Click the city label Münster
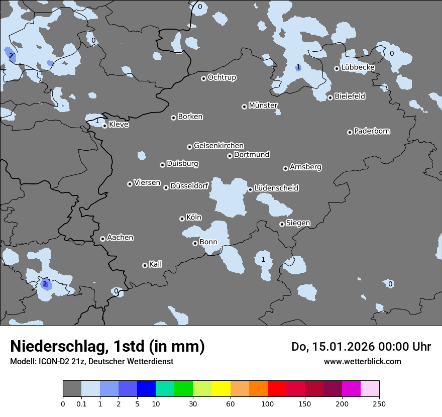coord(263,106)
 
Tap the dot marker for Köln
coord(182,219)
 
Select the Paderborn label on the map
coord(372,131)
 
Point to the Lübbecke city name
coord(358,67)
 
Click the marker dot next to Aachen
coord(102,239)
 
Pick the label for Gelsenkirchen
coord(218,146)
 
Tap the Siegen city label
coord(298,223)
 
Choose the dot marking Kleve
coord(104,126)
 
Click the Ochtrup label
coord(222,77)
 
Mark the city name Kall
coord(156,264)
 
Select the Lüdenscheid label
coord(276,188)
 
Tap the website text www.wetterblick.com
coord(362,361)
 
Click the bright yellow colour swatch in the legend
coord(221,389)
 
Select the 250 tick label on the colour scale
coord(379,403)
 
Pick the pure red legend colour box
coord(277,389)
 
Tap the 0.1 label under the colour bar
coord(81,403)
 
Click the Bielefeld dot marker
coord(330,97)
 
